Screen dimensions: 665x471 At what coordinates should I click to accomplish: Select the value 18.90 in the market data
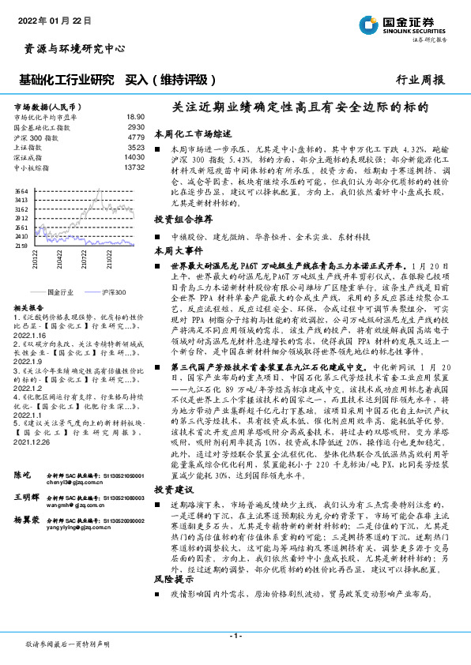click(x=135, y=116)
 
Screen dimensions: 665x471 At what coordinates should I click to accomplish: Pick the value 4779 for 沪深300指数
click(x=136, y=137)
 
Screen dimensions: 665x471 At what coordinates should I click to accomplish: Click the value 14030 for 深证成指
click(x=134, y=157)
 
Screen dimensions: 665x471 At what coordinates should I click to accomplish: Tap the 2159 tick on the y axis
click(x=21, y=246)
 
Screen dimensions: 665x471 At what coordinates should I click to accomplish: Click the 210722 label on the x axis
click(x=84, y=260)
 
